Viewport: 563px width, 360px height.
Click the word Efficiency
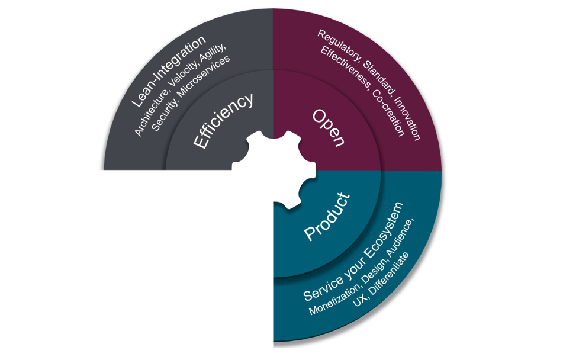[223, 120]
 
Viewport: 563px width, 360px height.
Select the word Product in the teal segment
[327, 216]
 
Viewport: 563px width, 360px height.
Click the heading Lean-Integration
[168, 71]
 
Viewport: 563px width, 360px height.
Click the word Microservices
[204, 76]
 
